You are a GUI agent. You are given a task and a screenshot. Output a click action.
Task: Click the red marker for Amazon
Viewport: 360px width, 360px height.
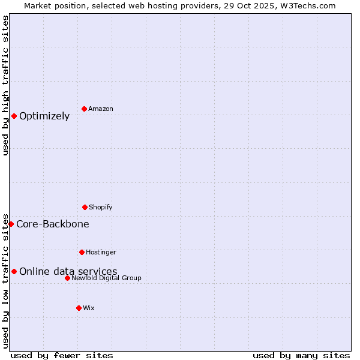coord(84,109)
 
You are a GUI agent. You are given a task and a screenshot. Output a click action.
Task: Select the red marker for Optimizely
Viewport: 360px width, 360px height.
coord(14,116)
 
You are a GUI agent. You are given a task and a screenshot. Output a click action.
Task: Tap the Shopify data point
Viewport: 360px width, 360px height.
coord(85,207)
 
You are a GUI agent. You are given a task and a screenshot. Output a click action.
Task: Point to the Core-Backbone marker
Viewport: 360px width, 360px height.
coord(11,224)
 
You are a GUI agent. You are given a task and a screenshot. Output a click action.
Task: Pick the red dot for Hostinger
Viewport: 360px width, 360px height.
coord(82,252)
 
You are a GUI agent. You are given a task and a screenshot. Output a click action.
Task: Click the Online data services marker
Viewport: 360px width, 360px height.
coord(14,271)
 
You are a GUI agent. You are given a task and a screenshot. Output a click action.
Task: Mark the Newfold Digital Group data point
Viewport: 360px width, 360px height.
coord(67,278)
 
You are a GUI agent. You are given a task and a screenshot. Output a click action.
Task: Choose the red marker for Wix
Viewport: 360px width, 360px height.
coord(79,308)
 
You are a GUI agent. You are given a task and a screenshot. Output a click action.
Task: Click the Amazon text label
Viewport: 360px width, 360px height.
coord(101,109)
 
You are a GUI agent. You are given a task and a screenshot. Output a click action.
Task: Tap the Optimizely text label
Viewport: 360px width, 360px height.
coord(44,116)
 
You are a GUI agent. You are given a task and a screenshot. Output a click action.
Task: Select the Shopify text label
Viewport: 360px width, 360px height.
coord(101,207)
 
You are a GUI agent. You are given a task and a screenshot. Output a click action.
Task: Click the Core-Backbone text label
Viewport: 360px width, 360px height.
coord(53,224)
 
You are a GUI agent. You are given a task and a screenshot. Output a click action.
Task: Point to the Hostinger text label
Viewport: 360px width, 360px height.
coord(101,252)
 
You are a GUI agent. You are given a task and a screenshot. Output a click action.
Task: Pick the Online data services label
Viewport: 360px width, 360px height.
coord(68,271)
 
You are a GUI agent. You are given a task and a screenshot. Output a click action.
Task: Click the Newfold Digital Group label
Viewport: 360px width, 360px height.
coord(106,278)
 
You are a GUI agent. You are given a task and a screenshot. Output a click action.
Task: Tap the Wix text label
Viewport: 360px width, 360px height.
coord(89,308)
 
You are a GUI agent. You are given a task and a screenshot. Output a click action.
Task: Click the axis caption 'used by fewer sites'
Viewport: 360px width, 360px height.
coord(62,355)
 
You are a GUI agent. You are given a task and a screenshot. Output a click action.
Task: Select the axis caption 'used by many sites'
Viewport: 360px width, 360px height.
coord(301,355)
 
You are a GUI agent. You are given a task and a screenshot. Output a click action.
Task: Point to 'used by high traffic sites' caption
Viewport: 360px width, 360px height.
coord(5,85)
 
